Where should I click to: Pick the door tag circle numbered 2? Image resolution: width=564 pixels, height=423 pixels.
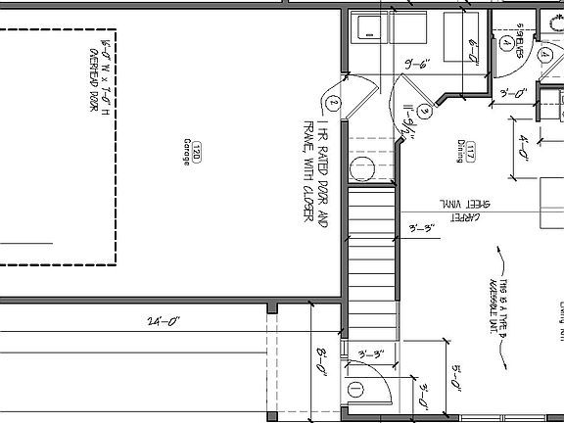pyautogui.click(x=334, y=101)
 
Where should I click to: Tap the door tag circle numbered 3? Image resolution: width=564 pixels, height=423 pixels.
pyautogui.click(x=424, y=111)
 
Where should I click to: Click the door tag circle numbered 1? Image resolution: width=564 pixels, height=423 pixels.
pyautogui.click(x=355, y=390)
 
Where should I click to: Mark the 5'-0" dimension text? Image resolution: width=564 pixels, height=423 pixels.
pyautogui.click(x=457, y=376)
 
